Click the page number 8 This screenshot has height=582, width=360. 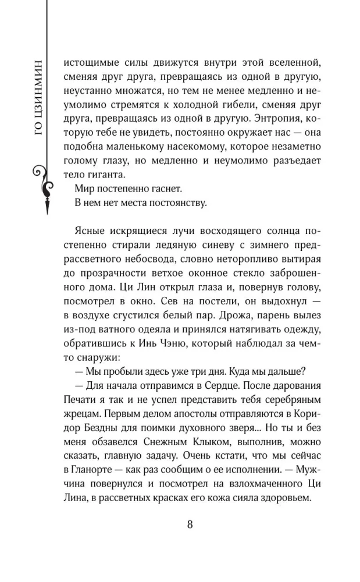(190, 524)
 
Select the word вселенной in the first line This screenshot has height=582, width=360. (289, 62)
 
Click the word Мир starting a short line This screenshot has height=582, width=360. (86, 189)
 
